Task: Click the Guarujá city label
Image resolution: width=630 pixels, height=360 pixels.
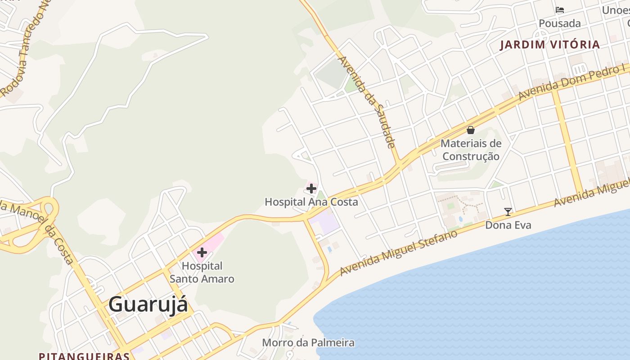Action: [x=148, y=305]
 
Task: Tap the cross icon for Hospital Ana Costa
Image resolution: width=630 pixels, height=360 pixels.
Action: [x=311, y=188]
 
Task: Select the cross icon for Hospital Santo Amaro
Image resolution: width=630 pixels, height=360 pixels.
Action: [x=202, y=252]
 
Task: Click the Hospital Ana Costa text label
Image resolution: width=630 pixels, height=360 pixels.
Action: [x=311, y=202]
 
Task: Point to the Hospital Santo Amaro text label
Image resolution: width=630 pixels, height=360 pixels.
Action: [x=202, y=272]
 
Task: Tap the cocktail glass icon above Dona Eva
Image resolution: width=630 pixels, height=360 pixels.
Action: [x=508, y=211]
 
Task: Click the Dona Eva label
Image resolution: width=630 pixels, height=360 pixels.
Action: [x=508, y=225]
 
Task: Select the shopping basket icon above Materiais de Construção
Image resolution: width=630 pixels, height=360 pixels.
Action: [x=471, y=130]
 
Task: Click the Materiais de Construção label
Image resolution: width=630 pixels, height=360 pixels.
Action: [x=471, y=150]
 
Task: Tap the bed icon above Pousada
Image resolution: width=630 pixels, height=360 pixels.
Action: [x=560, y=10]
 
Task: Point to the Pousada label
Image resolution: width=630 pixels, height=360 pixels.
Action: [x=560, y=23]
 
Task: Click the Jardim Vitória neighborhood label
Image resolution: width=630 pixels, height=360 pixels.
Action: [x=550, y=45]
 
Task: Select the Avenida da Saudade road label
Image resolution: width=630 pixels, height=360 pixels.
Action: [x=366, y=102]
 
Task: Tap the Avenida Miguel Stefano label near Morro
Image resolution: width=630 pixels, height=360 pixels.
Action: [x=399, y=252]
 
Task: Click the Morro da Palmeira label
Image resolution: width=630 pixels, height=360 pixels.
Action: [x=308, y=343]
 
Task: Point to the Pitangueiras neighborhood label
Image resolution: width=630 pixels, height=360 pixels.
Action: [x=84, y=356]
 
